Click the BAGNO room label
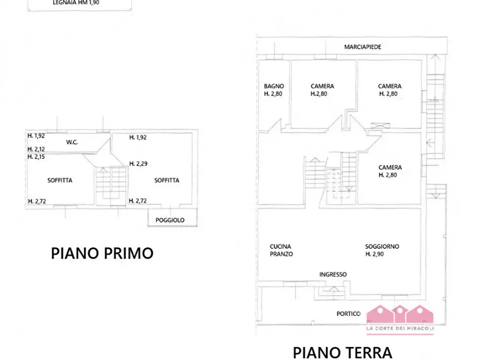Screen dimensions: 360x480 click(x=274, y=86)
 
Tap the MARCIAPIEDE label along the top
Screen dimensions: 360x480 click(x=363, y=47)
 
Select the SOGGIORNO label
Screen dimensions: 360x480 click(x=382, y=247)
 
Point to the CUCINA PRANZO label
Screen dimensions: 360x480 click(x=281, y=250)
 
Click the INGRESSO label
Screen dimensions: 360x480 click(x=333, y=274)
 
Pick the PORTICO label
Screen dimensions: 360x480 click(x=348, y=314)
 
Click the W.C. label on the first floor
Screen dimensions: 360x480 click(x=73, y=142)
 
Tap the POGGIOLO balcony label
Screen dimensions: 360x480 click(x=170, y=220)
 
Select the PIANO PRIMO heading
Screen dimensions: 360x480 click(x=102, y=253)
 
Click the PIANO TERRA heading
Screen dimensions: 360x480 click(x=342, y=352)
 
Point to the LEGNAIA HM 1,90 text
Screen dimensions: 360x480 click(x=76, y=3)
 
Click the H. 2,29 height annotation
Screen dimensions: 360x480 click(x=138, y=164)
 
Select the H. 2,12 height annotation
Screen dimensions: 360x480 click(x=36, y=149)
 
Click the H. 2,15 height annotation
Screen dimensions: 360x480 click(x=36, y=156)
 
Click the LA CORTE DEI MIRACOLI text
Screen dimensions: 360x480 click(x=399, y=328)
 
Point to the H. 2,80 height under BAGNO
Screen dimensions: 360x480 click(x=274, y=93)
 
